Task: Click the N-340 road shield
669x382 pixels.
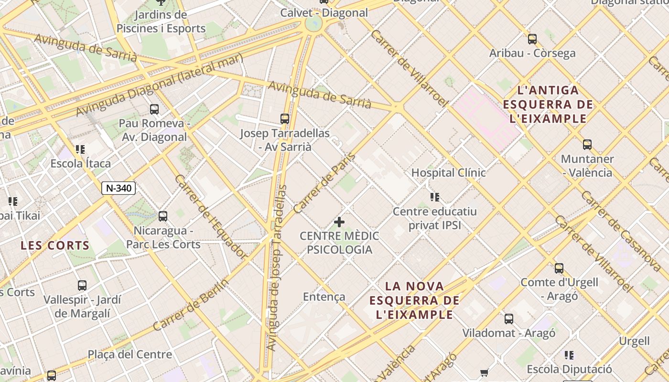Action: click(119, 188)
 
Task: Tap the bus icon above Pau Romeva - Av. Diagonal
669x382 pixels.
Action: click(154, 109)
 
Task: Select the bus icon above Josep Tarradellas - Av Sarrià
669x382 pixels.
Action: click(285, 118)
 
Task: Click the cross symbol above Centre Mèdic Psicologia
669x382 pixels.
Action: click(339, 222)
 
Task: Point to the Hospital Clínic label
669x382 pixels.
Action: click(448, 173)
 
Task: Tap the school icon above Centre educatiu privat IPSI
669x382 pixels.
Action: click(434, 197)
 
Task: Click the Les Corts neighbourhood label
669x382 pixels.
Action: click(55, 246)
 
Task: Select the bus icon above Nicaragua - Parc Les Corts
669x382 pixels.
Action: click(163, 216)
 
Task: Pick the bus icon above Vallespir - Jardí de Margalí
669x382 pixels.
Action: click(82, 286)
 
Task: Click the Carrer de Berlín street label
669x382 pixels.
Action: click(191, 304)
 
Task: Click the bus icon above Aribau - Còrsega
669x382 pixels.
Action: click(532, 39)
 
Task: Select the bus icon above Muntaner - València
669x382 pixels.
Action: click(587, 145)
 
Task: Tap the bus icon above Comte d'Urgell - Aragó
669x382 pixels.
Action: click(559, 268)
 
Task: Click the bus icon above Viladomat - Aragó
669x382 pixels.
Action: click(509, 319)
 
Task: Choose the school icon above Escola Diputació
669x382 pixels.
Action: click(569, 355)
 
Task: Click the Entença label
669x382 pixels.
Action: click(324, 297)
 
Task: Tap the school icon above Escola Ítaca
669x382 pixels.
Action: click(80, 149)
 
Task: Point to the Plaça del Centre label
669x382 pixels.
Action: click(130, 354)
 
